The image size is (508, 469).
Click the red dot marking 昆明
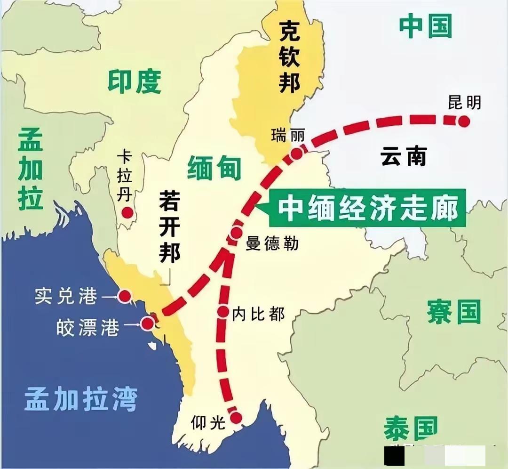click(464, 121)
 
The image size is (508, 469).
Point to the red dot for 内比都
click(223, 311)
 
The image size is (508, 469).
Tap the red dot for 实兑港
click(124, 296)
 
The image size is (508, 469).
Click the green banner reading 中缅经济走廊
click(367, 209)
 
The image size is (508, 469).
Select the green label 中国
click(425, 26)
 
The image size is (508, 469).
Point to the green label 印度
click(135, 81)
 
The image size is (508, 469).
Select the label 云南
click(403, 156)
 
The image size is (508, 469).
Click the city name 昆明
click(464, 102)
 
